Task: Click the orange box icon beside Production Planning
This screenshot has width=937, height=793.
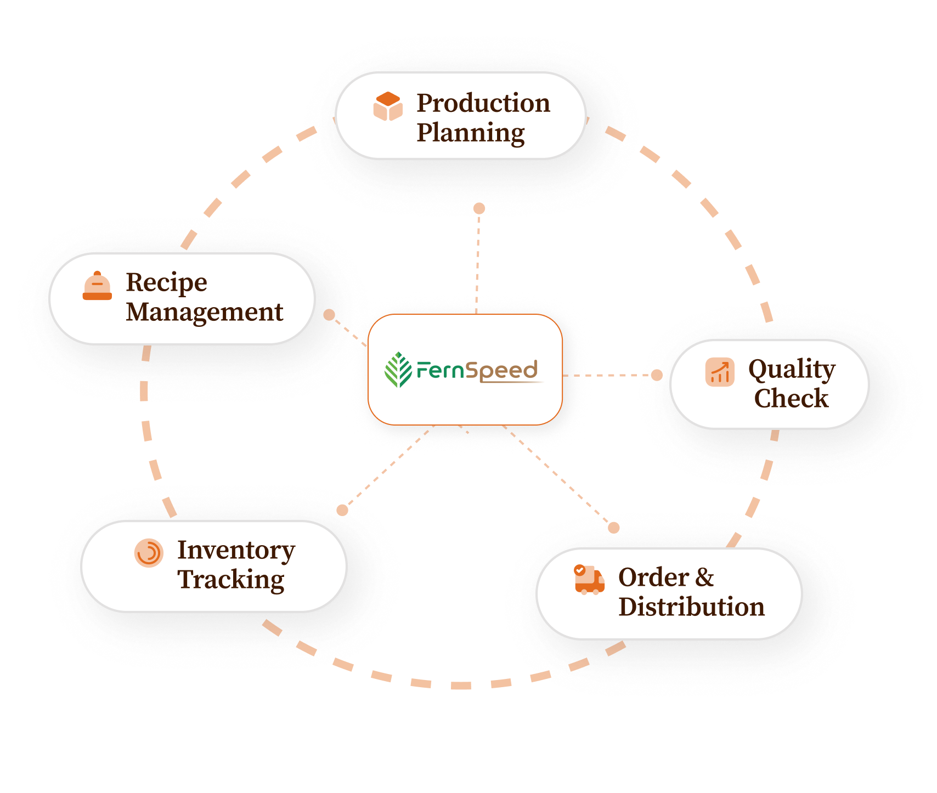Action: [388, 106]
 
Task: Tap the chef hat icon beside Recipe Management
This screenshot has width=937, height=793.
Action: [97, 286]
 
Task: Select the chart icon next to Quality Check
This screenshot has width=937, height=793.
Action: [720, 372]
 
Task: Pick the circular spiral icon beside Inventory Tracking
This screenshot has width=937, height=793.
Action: [149, 553]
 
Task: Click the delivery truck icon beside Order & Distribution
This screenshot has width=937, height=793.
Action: [589, 580]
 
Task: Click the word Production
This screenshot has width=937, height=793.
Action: [483, 103]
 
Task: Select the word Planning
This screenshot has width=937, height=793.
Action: [471, 133]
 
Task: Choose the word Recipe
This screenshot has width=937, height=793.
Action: [167, 283]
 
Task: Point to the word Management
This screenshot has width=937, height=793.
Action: [205, 312]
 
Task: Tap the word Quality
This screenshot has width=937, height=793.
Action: [792, 370]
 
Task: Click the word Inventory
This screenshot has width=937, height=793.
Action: [236, 551]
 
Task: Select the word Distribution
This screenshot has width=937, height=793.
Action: [692, 607]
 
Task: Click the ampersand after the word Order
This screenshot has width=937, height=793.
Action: [705, 577]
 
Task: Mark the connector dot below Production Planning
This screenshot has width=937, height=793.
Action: [479, 208]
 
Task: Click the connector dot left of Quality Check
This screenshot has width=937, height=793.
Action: [657, 375]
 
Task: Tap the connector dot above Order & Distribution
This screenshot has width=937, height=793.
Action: [614, 528]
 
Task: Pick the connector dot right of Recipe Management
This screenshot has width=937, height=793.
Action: [329, 315]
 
